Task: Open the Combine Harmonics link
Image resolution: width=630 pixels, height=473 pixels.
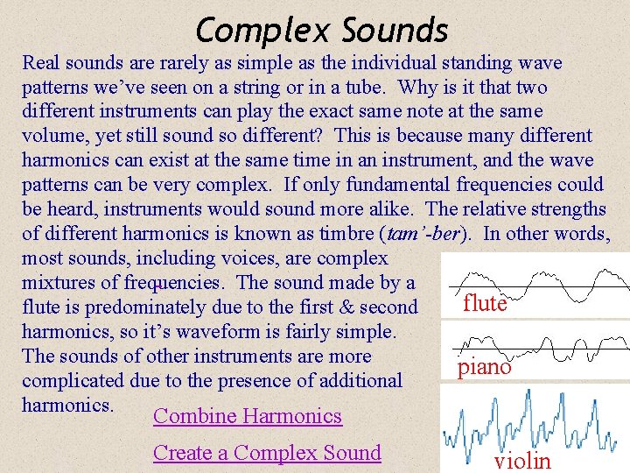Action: tap(248, 416)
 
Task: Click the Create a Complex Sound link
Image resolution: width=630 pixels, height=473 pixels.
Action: tap(267, 453)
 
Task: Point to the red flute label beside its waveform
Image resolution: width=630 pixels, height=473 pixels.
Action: tap(485, 303)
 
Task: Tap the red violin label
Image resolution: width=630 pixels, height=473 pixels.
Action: tap(522, 461)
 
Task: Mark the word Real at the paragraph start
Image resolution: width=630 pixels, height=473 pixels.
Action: tap(42, 63)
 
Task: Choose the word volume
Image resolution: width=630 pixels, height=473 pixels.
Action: tap(54, 137)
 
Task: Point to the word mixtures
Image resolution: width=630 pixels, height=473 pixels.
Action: tap(60, 283)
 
